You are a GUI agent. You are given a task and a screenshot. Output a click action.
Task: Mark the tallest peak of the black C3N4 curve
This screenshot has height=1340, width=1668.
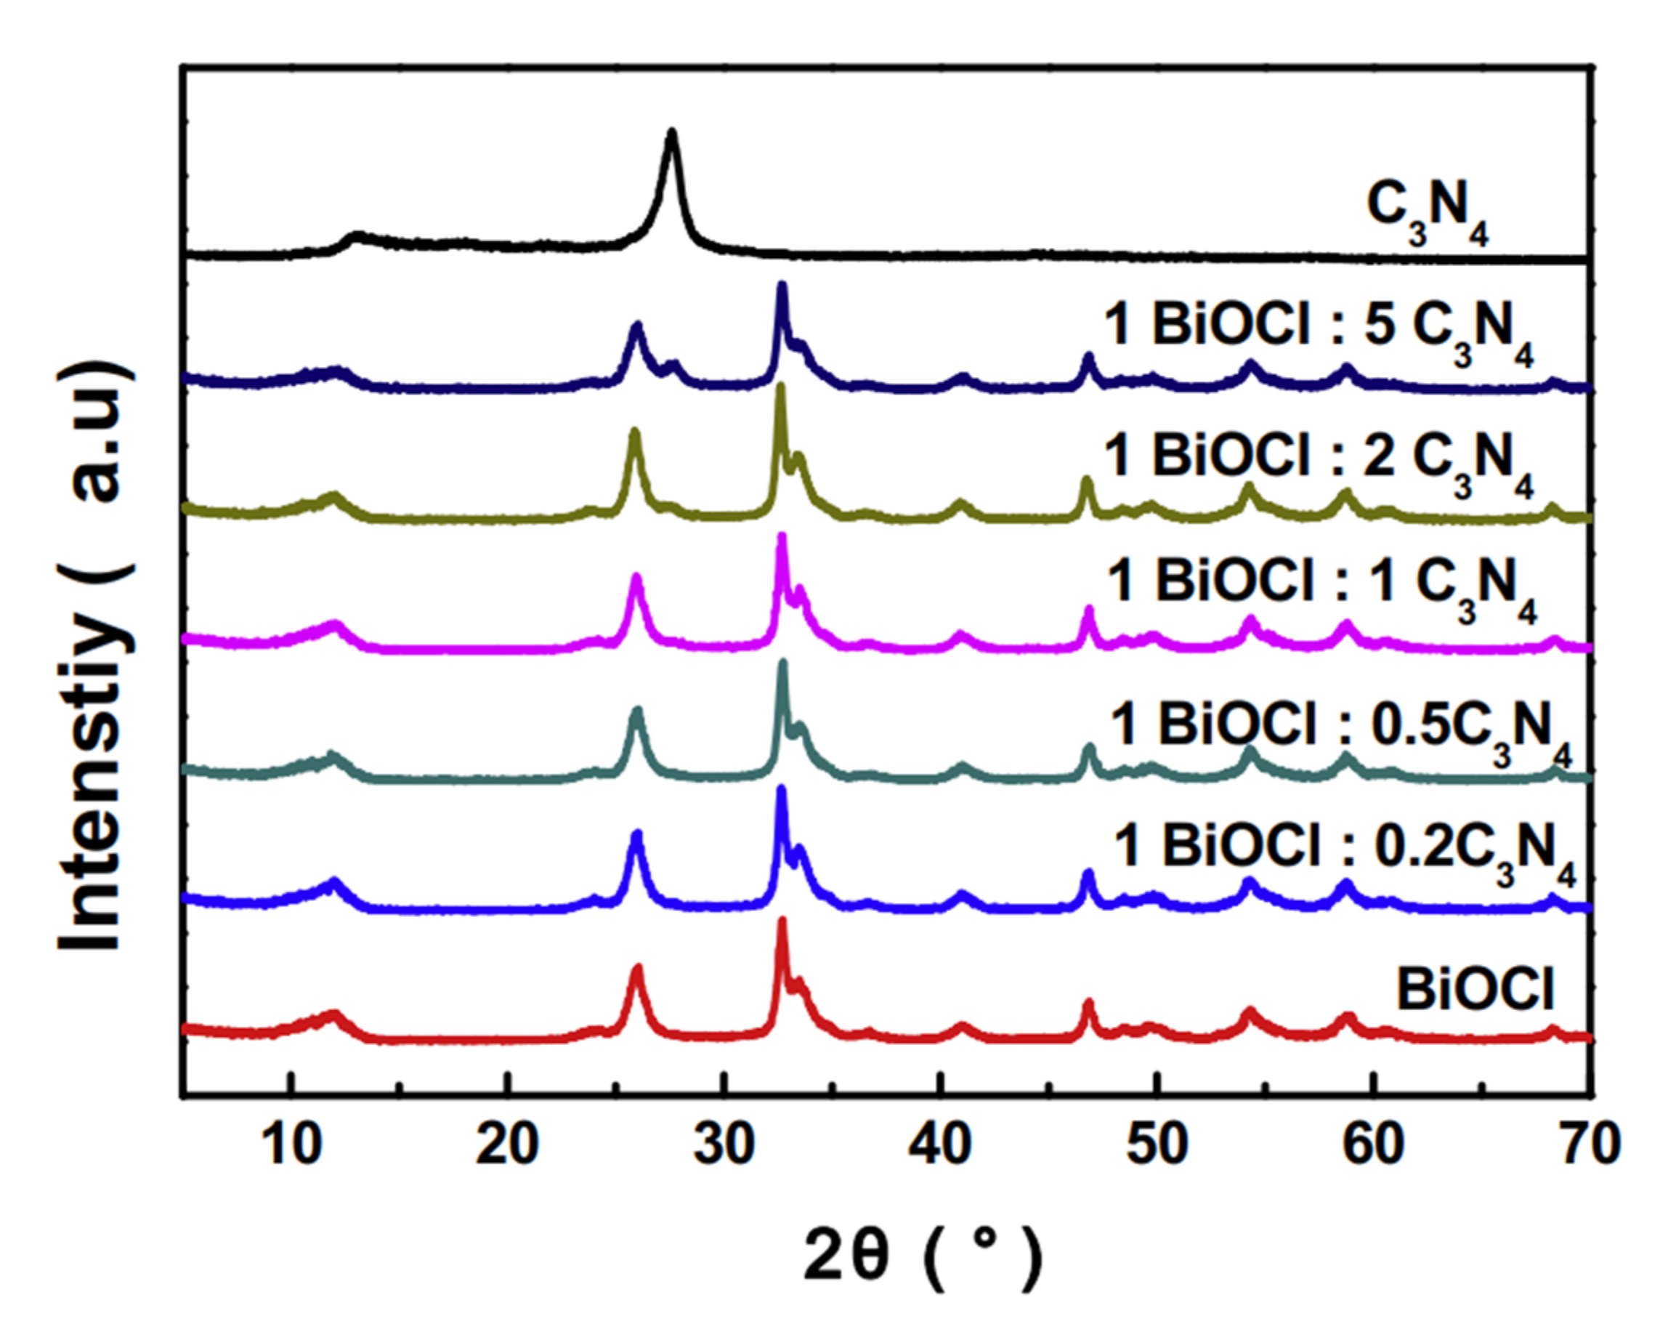671,133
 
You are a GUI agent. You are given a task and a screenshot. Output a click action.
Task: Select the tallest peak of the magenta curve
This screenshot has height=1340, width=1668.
782,537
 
